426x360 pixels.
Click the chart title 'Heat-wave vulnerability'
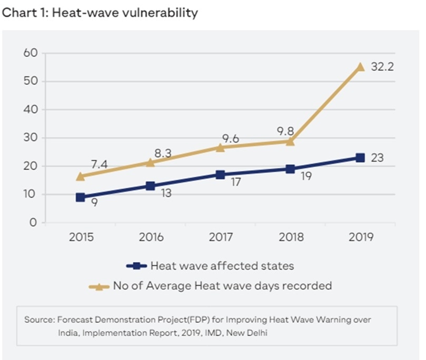click(100, 13)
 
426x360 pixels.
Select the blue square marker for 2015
click(81, 197)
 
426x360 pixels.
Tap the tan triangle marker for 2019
click(360, 67)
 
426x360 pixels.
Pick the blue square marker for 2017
click(220, 175)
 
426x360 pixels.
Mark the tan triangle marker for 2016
click(151, 162)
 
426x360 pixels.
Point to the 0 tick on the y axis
click(33, 223)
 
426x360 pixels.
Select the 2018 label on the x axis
click(290, 237)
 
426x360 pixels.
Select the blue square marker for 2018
click(290, 169)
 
